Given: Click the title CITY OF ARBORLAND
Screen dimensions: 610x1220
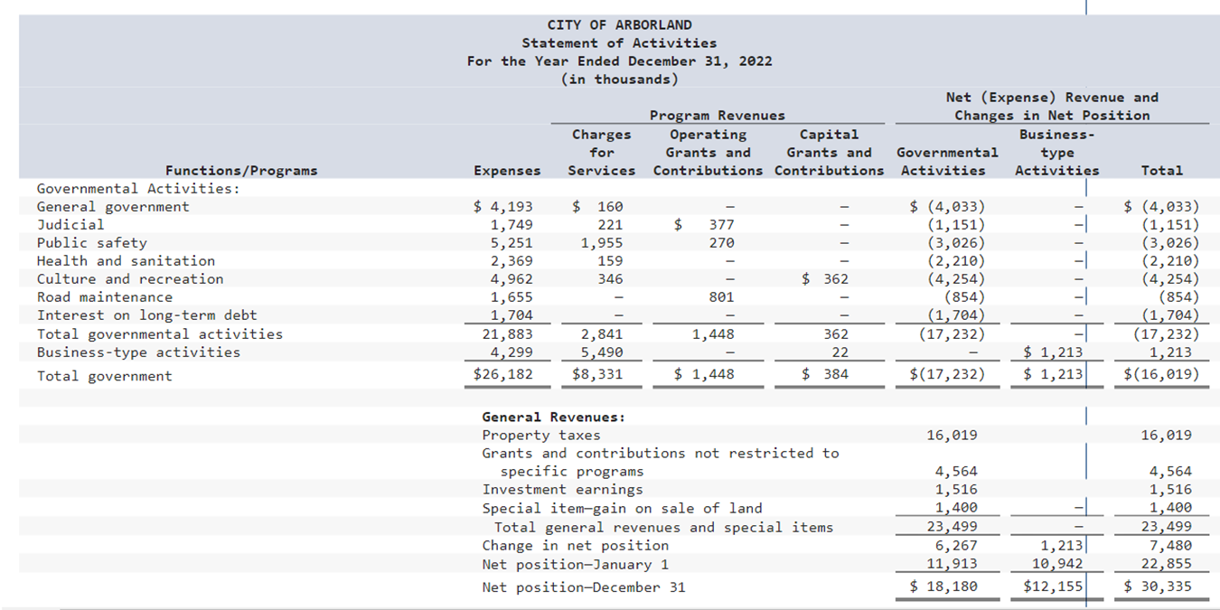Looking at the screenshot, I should click(x=619, y=25).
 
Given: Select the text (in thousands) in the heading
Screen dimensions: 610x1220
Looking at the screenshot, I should click(x=619, y=80).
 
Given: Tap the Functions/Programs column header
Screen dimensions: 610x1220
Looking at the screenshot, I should click(x=241, y=171).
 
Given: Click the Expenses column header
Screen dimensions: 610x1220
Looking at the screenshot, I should click(x=507, y=171).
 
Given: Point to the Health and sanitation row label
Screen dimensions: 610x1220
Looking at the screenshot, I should click(x=126, y=261).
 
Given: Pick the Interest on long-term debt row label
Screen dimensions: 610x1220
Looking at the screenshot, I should click(x=146, y=315).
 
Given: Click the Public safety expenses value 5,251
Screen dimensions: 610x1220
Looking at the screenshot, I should click(x=511, y=243).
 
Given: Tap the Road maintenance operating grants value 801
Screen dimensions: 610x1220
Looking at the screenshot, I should click(x=721, y=297).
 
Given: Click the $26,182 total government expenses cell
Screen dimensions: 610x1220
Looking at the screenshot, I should click(x=503, y=374).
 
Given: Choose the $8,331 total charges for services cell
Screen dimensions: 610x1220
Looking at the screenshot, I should click(x=597, y=374).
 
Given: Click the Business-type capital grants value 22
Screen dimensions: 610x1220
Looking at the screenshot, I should click(x=840, y=352).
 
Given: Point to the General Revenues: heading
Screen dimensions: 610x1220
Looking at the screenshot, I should click(x=553, y=418).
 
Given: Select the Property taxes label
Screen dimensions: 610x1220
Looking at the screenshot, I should click(x=540, y=436).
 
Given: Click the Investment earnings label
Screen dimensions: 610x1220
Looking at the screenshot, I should click(x=562, y=490).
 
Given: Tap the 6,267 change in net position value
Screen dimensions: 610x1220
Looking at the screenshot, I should click(x=952, y=546).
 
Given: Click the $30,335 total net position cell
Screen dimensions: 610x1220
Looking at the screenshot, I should click(x=1158, y=587).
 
